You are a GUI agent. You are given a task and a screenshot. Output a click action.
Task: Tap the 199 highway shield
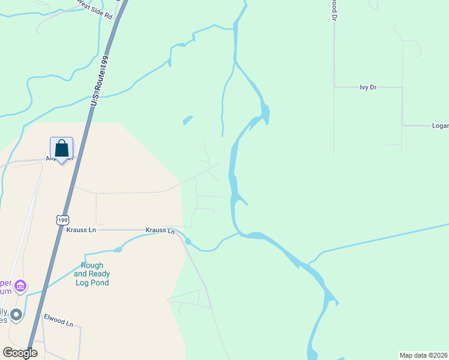coord(63,220)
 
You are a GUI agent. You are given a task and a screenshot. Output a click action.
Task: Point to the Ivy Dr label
coord(367,87)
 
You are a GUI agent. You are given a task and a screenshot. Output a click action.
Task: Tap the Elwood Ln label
coord(58,320)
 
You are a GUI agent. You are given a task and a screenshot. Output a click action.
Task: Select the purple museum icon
coord(21,286)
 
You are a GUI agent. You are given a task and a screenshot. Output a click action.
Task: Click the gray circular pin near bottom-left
coord(16,314)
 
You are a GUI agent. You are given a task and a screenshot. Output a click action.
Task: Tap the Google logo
coord(20,352)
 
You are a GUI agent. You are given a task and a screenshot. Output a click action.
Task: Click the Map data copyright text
coord(424,355)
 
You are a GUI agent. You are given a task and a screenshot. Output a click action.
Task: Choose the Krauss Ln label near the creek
coord(160,230)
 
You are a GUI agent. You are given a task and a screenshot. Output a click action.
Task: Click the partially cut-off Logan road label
coord(440,126)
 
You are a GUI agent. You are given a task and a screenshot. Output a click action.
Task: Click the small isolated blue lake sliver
coord(188,120)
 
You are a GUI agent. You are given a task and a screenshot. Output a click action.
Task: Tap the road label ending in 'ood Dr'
coord(334,10)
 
